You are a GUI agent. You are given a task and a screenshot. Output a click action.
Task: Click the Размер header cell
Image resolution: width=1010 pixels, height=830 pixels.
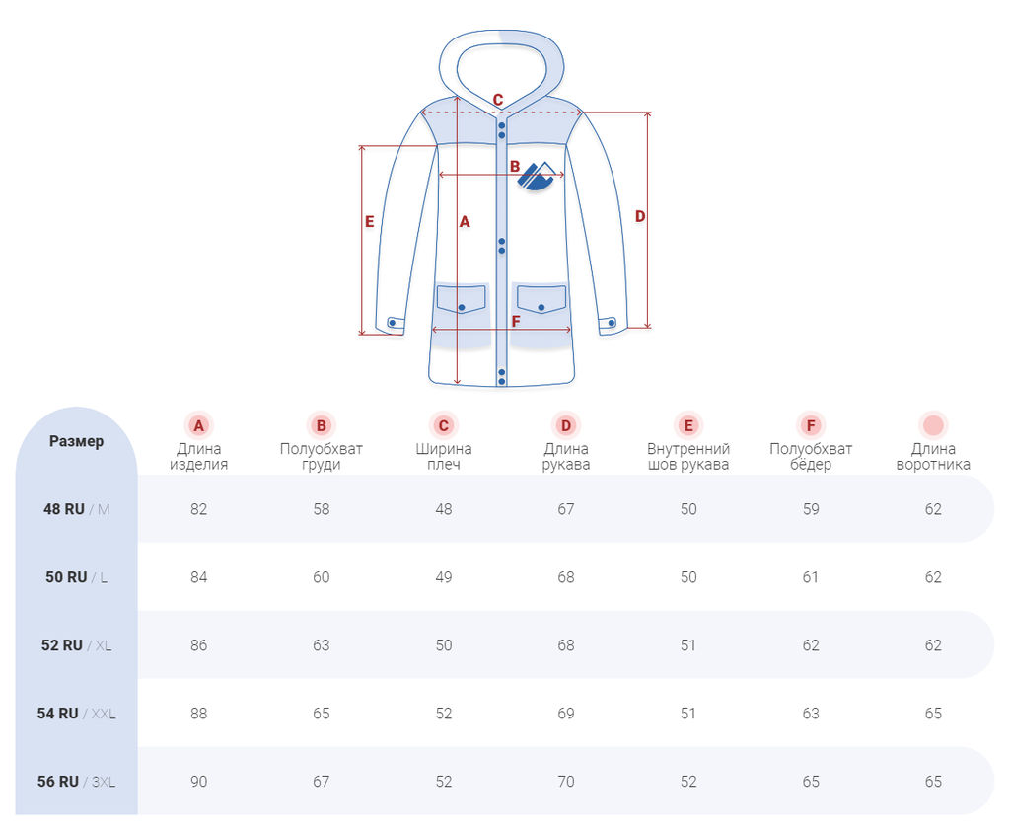pos(76,441)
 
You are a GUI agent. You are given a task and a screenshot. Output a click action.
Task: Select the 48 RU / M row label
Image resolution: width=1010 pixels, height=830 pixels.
pos(76,509)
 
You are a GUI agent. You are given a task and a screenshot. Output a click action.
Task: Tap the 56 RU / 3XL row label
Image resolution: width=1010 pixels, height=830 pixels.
pos(76,781)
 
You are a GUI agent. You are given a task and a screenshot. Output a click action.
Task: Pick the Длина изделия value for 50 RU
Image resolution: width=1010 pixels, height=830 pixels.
pos(199,577)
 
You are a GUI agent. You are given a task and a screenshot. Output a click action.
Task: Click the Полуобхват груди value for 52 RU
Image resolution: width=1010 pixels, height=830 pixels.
pos(322,645)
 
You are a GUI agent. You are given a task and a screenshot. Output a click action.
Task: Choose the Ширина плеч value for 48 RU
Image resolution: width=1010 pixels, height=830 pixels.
pos(444,509)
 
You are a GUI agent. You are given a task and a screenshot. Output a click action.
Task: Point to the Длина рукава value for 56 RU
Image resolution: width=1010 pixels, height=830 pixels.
pos(566,781)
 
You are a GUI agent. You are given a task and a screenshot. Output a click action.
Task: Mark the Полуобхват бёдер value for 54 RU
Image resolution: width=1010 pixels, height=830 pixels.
pos(811,713)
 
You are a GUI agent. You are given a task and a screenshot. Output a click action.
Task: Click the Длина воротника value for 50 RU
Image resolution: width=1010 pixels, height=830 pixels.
pos(933,577)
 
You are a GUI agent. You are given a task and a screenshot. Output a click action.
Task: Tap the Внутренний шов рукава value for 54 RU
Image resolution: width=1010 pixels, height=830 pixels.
pos(688,713)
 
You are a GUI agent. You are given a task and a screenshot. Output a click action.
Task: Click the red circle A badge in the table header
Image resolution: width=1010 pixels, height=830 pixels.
pos(199,426)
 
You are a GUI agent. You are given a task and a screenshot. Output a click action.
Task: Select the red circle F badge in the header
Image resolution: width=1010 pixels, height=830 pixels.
pos(811,426)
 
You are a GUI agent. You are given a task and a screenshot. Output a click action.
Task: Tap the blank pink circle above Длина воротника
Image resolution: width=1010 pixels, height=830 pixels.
pos(933,426)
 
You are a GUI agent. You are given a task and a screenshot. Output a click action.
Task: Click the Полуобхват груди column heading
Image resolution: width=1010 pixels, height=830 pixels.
pos(322,456)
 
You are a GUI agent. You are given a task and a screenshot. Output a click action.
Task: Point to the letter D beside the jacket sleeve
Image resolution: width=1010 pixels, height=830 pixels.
pos(640,216)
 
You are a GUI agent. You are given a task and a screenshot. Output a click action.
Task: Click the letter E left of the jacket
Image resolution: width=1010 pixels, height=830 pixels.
pos(370,222)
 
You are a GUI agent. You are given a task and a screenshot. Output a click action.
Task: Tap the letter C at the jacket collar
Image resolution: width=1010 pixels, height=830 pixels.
pos(498,100)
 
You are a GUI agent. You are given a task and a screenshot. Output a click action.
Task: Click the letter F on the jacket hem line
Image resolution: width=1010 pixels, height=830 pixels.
pos(516,321)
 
